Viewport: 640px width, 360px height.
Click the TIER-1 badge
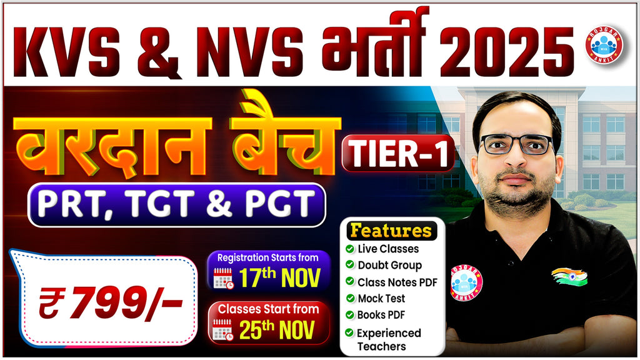[x=397, y=153]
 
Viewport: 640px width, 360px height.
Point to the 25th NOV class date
[x=277, y=329]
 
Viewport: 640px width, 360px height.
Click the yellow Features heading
[x=391, y=230]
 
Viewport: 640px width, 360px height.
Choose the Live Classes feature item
[x=387, y=249]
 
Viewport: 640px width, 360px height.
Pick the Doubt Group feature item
[x=389, y=265]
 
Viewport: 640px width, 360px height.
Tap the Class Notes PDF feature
[x=397, y=282]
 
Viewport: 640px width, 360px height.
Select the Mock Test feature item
[x=381, y=299]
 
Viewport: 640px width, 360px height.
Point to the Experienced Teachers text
[x=389, y=339]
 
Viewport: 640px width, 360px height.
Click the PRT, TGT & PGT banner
[x=176, y=204]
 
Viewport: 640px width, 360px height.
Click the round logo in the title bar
[x=604, y=44]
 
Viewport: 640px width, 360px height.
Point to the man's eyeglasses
[x=516, y=144]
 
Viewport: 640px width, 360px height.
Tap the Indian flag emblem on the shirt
[x=569, y=276]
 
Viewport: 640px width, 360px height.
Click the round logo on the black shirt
[x=466, y=282]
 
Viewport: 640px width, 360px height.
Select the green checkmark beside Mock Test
[x=349, y=299]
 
